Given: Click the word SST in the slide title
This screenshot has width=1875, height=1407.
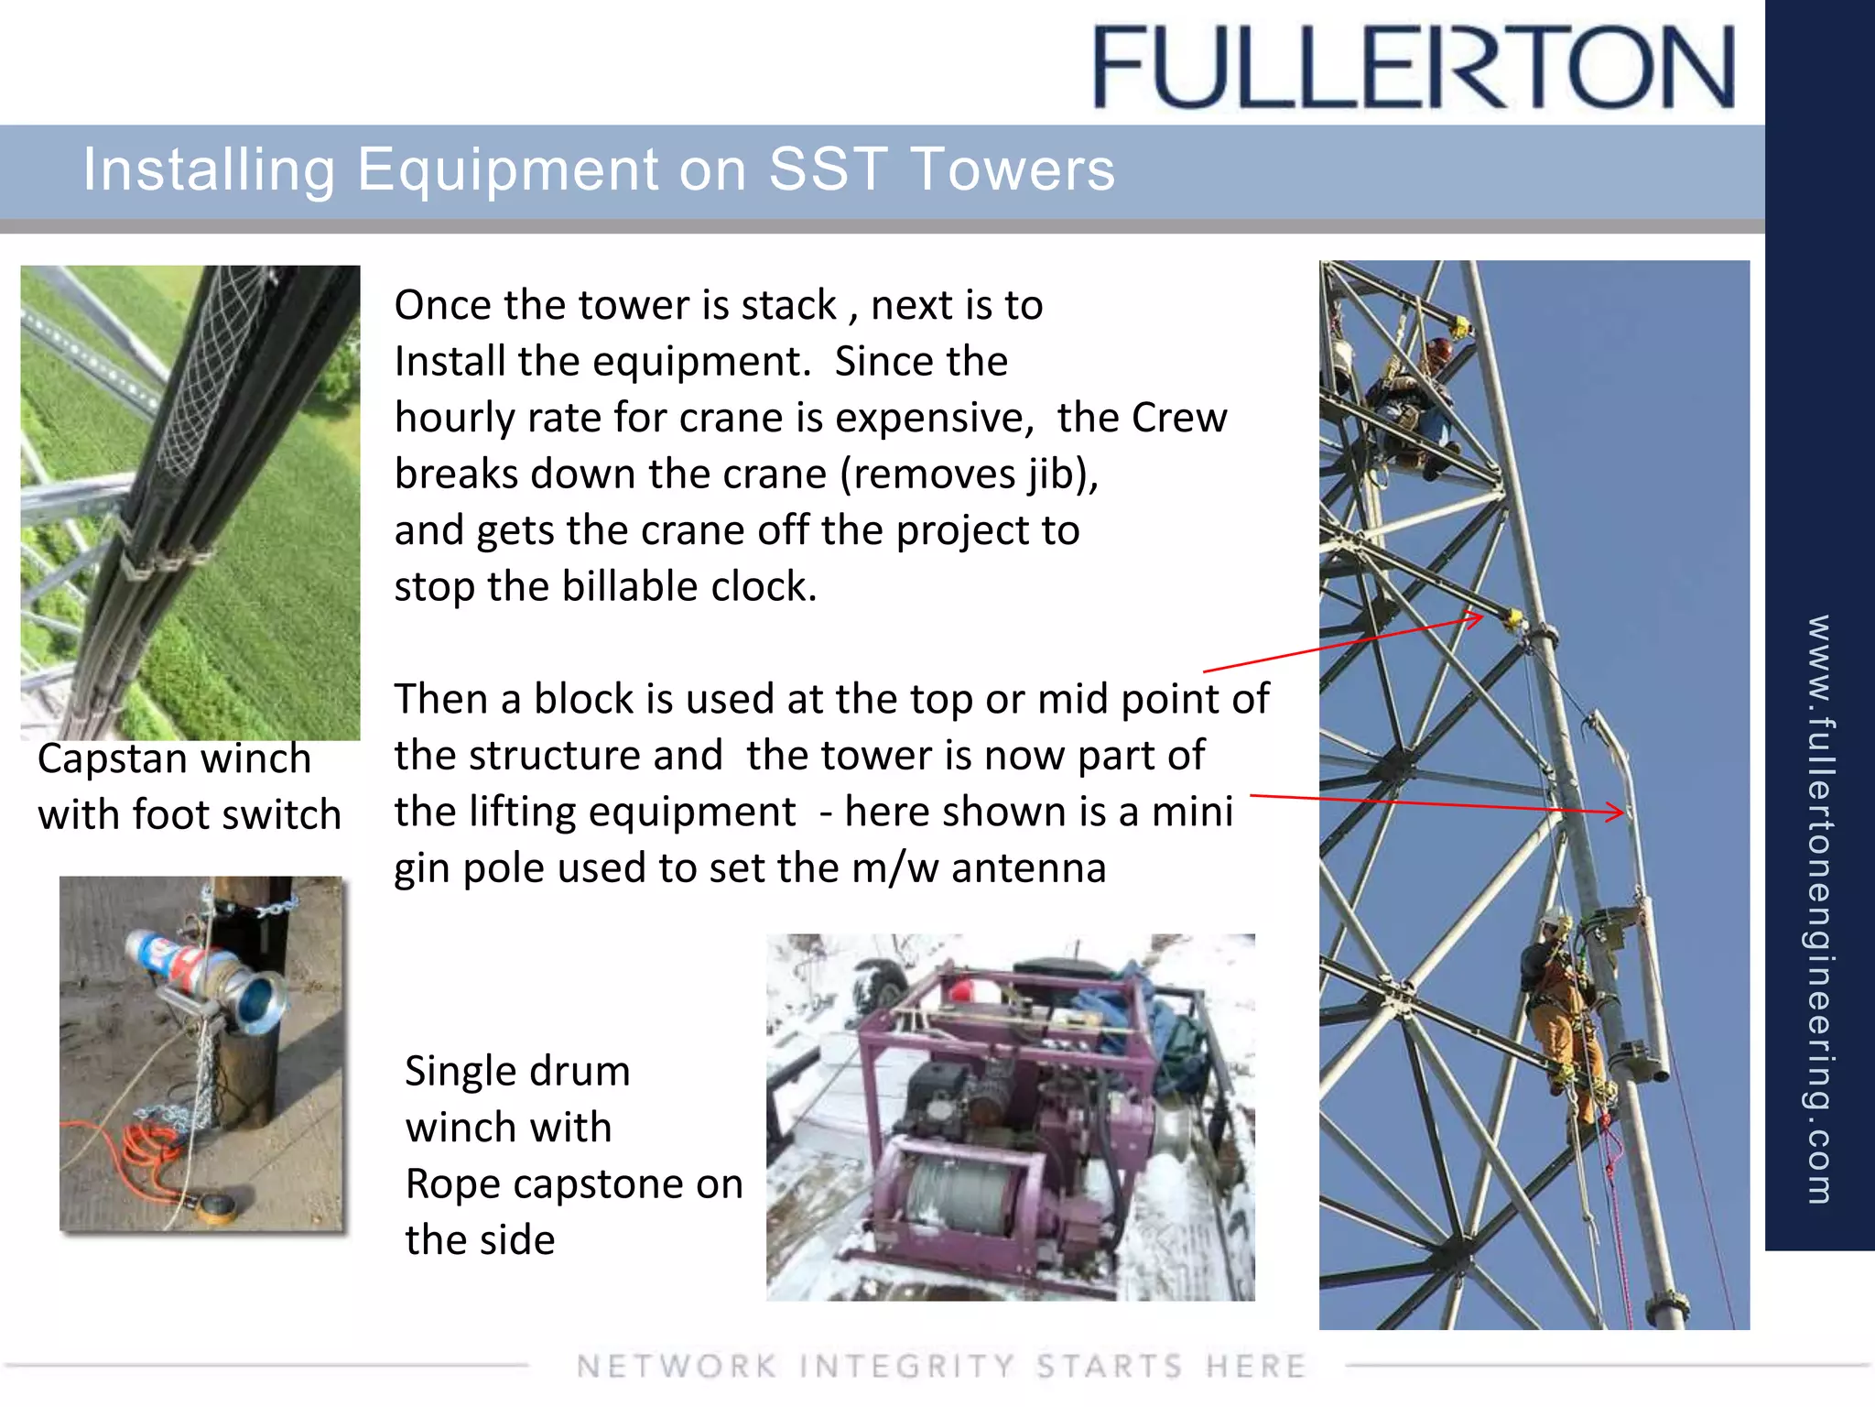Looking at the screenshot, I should tap(827, 169).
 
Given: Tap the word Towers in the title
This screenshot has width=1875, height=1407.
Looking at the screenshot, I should tap(1013, 169).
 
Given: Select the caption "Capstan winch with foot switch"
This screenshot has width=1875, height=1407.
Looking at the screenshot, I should tap(189, 787).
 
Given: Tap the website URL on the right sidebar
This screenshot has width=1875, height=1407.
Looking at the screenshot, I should tap(1819, 907).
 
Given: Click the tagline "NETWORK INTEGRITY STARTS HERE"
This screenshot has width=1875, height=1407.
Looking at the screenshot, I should tap(940, 1366).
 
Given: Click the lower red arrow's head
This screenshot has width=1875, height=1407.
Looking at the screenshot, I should tap(1619, 811).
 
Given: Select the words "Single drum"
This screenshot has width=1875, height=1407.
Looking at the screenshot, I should tap(517, 1071).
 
